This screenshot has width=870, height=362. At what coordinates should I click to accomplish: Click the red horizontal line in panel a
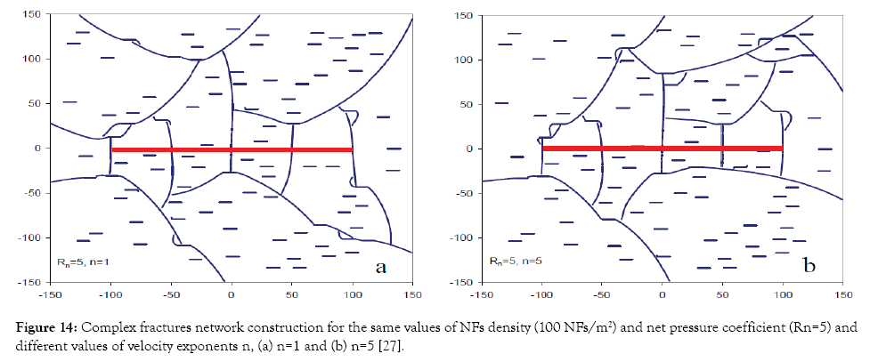pos(232,149)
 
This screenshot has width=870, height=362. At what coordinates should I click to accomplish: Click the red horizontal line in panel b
pos(662,149)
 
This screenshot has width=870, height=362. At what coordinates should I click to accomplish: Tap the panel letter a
pos(379,266)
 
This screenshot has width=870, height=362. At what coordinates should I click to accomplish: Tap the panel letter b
pos(810,266)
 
